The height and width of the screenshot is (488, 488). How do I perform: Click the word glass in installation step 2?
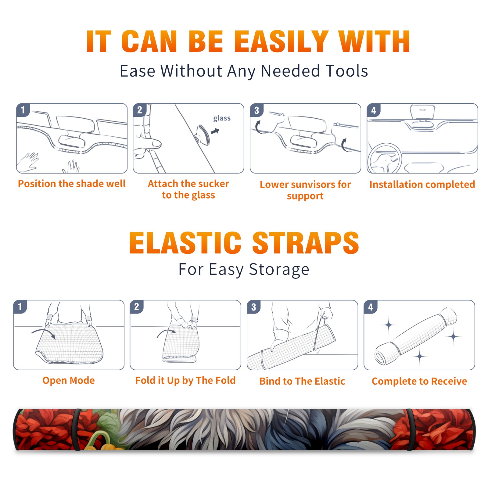coord(222,118)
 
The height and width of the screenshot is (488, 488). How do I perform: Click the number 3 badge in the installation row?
coord(257,110)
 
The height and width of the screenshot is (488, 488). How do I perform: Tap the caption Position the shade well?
coord(72,184)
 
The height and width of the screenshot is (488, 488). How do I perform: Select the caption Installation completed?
coord(422,185)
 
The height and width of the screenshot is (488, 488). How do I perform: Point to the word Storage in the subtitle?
coord(279,270)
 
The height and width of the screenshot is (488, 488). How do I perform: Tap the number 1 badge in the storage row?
coord(20,307)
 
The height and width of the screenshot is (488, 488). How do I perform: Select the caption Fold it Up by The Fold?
coord(185,380)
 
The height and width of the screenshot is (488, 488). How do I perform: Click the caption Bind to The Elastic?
coord(302,381)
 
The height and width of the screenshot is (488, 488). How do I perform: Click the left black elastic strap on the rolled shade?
coord(77,430)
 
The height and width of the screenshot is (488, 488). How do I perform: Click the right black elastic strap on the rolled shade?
coord(410,430)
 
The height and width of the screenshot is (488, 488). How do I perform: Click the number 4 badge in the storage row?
coord(371,307)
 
